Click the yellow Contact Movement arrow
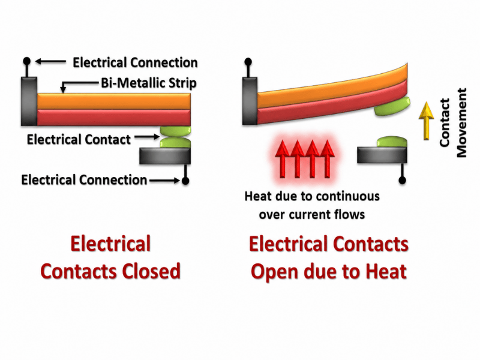(426, 121)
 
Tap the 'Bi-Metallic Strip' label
(149, 83)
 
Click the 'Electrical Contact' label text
(79, 140)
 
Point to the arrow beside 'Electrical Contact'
(147, 137)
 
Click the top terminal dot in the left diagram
(27, 61)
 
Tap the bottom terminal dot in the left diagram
(185, 181)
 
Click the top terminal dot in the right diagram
(248, 62)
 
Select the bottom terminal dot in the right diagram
(402, 181)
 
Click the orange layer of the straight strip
(113, 101)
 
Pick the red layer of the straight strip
(113, 117)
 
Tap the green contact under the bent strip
(392, 106)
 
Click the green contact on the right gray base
(392, 142)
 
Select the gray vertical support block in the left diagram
(29, 101)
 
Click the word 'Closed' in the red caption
(151, 271)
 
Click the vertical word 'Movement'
(461, 123)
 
